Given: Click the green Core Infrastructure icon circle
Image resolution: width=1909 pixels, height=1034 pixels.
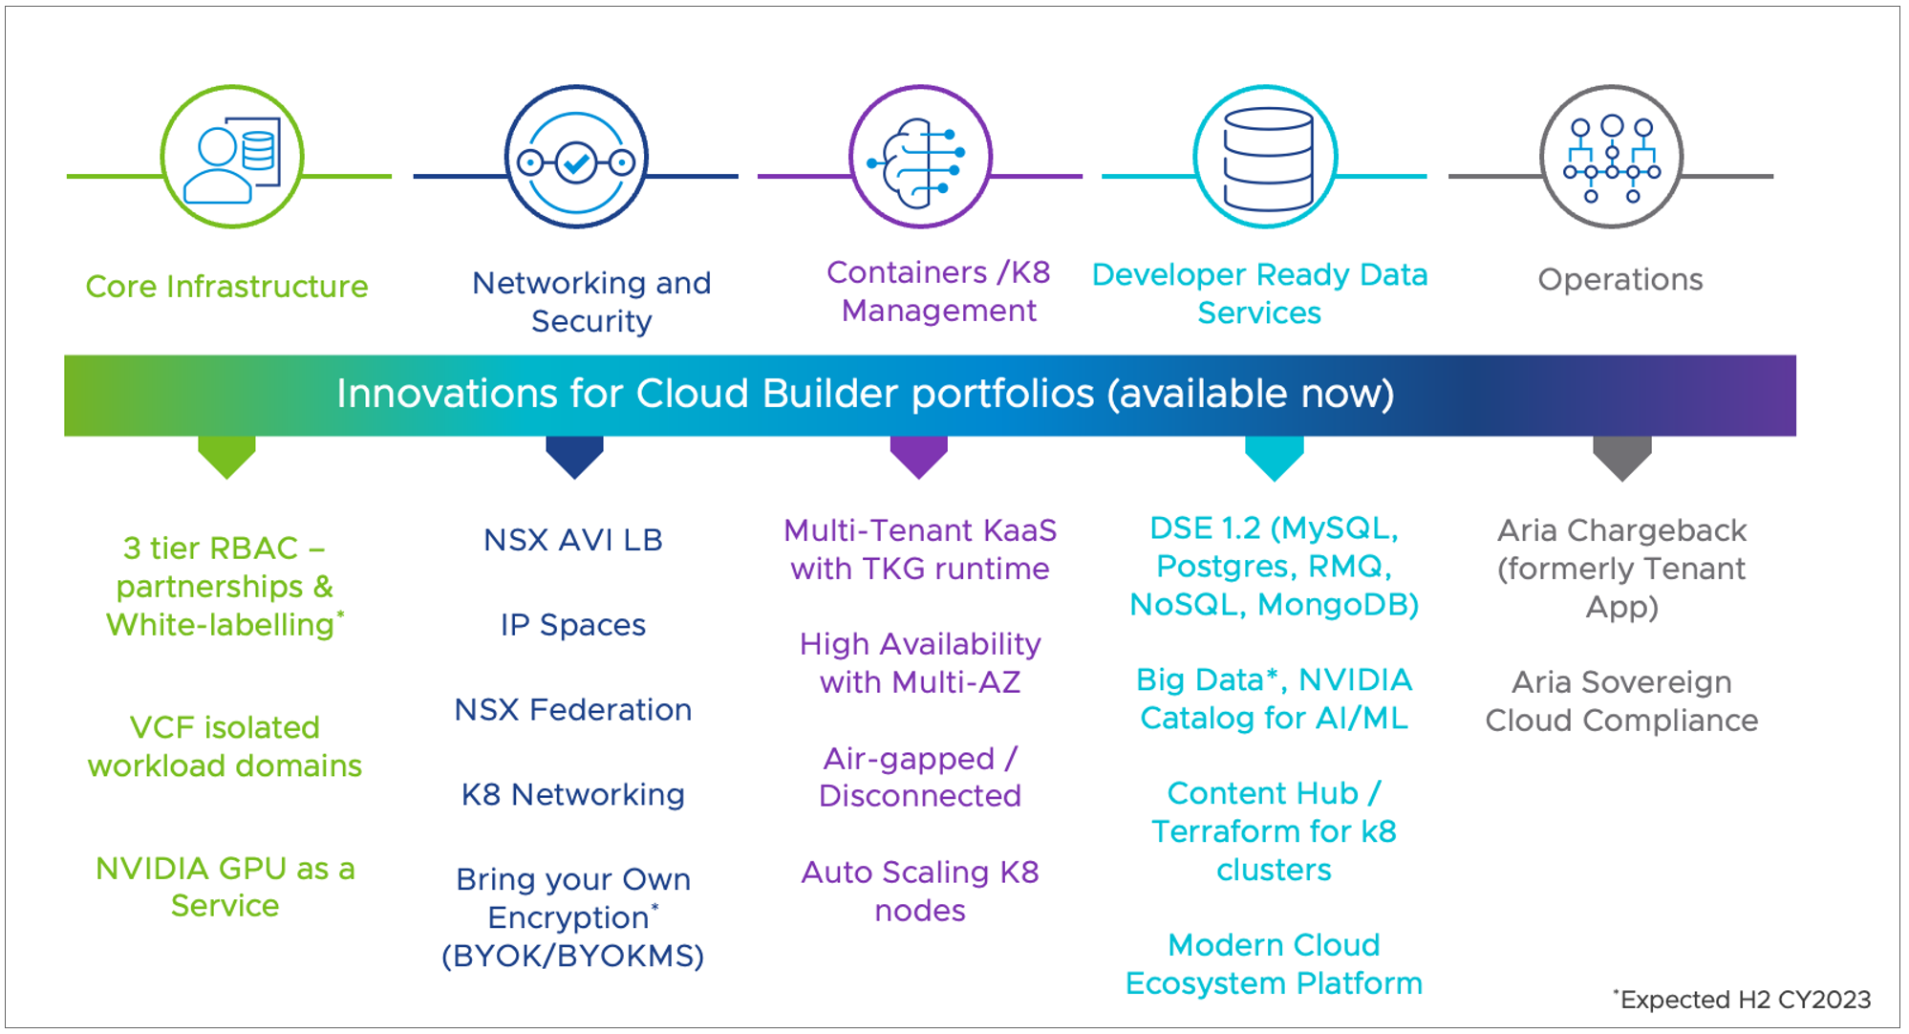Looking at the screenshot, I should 232,157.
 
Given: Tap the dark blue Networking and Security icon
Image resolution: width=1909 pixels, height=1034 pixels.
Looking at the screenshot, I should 576,157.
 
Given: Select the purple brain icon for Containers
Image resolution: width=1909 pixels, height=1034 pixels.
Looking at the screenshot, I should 920,157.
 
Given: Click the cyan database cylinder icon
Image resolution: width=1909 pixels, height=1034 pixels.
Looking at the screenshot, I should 1266,157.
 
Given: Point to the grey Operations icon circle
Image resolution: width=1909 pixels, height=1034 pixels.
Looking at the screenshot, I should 1612,157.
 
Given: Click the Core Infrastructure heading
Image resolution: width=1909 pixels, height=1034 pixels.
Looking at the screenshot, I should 226,287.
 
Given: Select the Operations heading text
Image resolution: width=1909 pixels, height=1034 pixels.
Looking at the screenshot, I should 1620,279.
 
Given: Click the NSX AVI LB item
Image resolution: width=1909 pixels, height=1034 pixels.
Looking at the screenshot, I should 573,540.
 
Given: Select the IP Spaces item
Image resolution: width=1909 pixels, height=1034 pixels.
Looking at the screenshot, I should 573,625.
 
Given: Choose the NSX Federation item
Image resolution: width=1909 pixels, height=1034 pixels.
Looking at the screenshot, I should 573,710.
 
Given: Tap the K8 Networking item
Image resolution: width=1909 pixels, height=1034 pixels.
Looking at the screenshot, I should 573,795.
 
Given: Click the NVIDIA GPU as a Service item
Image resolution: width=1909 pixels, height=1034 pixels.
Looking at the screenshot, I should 225,887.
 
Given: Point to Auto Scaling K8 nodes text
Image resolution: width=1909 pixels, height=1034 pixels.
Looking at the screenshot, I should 920,891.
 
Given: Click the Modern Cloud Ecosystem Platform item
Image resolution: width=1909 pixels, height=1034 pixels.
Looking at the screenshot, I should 1274,964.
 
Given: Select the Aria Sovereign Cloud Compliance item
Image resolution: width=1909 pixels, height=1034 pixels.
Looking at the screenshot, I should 1621,701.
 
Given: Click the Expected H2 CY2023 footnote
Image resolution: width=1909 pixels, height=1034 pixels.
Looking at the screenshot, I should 1744,1000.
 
